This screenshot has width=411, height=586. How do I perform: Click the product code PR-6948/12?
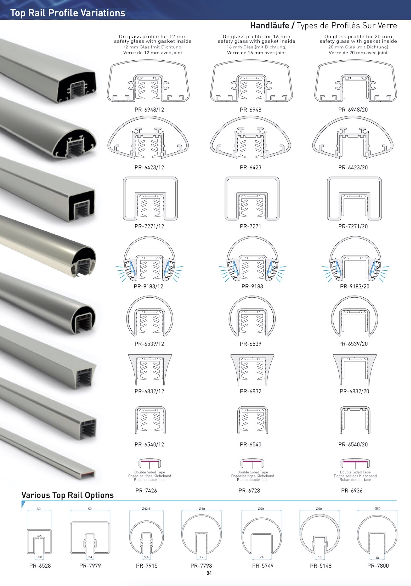coord(149,110)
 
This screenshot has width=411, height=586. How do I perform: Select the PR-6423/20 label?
coord(353,167)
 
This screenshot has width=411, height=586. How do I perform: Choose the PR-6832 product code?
coord(251,391)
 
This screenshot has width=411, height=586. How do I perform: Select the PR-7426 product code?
coord(146,490)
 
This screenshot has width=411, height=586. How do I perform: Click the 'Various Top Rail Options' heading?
coord(67,495)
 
